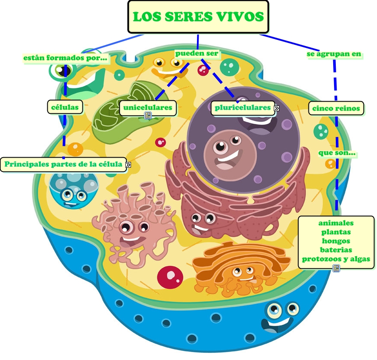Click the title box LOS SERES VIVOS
(x=198, y=17)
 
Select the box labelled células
(x=65, y=107)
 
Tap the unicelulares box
(x=148, y=108)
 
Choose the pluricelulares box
(x=243, y=108)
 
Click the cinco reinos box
(x=336, y=108)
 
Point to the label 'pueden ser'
(x=197, y=53)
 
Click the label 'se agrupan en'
(x=334, y=54)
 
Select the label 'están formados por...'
(x=65, y=58)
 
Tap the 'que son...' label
(x=337, y=153)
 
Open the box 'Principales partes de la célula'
(x=63, y=164)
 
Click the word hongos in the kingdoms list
(x=336, y=241)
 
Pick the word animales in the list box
(x=336, y=223)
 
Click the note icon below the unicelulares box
(x=148, y=116)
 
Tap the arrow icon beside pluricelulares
(x=276, y=108)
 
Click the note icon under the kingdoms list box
(x=336, y=268)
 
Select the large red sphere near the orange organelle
(x=170, y=277)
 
